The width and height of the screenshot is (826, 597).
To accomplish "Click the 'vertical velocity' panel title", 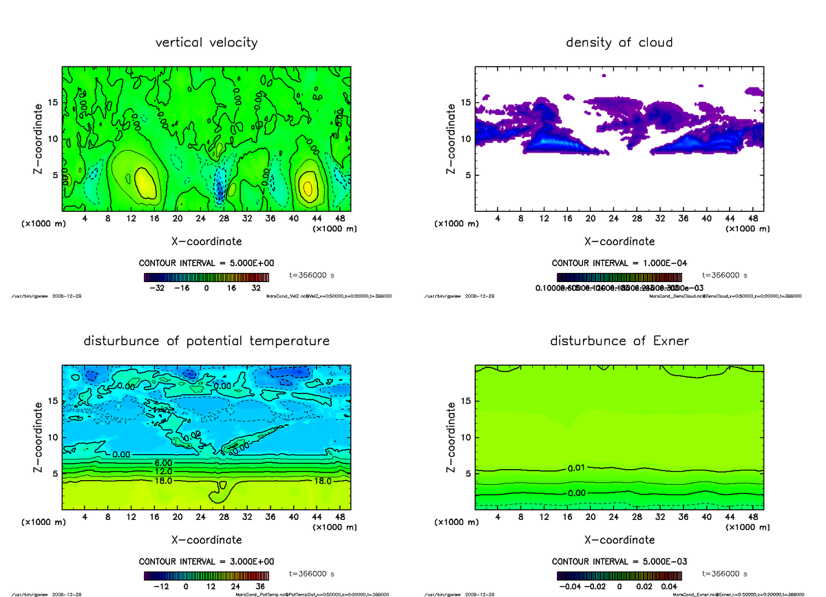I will coord(206,43).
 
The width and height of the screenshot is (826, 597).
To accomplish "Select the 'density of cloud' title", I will coord(619,43).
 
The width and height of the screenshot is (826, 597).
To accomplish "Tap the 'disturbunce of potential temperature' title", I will coord(206,341).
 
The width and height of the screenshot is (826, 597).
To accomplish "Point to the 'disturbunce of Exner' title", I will coord(619,341).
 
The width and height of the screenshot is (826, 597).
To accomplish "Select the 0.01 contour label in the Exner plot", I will coord(577,469).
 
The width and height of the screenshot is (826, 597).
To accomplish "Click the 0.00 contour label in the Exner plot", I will coord(577,493).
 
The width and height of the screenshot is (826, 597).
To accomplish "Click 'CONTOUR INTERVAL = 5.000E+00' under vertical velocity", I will coord(206,263).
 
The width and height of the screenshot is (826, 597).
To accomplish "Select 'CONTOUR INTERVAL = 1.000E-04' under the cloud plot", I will coord(619,263).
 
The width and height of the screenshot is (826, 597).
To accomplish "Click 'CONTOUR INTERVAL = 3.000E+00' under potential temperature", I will coord(206,561).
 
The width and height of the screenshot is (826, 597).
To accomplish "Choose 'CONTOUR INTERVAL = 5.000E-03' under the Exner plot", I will coord(619,561).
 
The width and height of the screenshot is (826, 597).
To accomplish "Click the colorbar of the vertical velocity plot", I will coord(206,277).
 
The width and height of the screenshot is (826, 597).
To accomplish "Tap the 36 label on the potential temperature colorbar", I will coord(261,587).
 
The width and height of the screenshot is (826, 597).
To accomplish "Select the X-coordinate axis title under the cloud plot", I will coord(619,241).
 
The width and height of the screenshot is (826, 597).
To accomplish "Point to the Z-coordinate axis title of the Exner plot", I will coord(452,437).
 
